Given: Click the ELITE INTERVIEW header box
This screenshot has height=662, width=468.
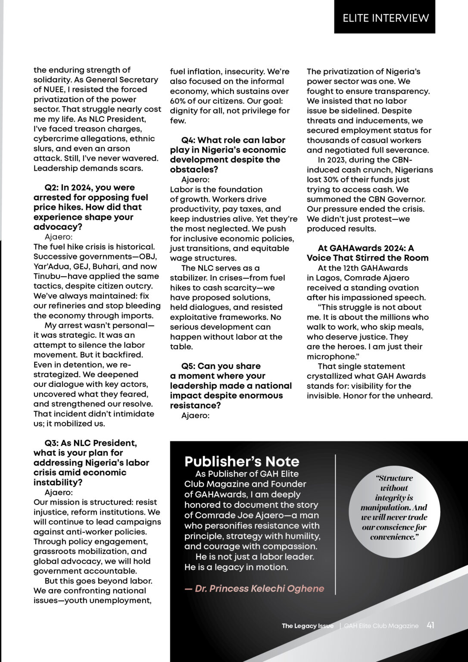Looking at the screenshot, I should click(385, 18).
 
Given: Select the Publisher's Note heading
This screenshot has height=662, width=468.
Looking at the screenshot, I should click(242, 462).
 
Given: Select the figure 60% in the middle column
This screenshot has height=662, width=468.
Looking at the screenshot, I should click(178, 101).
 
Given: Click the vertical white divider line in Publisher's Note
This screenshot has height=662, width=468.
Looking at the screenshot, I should click(335, 524).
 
